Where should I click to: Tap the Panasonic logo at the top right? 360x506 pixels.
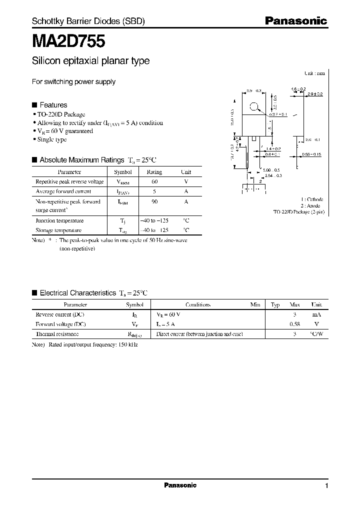pyautogui.click(x=295, y=21)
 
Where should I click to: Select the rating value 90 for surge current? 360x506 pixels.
pyautogui.click(x=154, y=201)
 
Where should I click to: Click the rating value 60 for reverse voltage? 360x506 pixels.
pyautogui.click(x=154, y=181)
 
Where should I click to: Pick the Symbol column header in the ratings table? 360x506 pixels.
pyautogui.click(x=123, y=171)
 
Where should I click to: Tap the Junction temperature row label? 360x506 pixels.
pyautogui.click(x=59, y=220)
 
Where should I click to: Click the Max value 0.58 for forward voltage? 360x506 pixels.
pyautogui.click(x=295, y=324)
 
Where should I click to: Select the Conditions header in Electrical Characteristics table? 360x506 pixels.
pyautogui.click(x=198, y=304)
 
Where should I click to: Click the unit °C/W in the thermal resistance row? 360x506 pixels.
pyautogui.click(x=316, y=333)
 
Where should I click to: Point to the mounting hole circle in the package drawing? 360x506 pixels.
pyautogui.click(x=254, y=106)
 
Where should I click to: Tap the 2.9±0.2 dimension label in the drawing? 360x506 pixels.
pyautogui.click(x=315, y=94)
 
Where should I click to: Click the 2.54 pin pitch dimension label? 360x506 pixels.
pyautogui.click(x=273, y=176)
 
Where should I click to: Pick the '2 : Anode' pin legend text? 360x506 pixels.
pyautogui.click(x=312, y=205)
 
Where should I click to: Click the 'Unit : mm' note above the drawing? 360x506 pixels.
pyautogui.click(x=314, y=73)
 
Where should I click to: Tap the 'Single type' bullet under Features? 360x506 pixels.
pyautogui.click(x=51, y=140)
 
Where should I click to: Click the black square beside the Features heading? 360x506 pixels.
pyautogui.click(x=34, y=105)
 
